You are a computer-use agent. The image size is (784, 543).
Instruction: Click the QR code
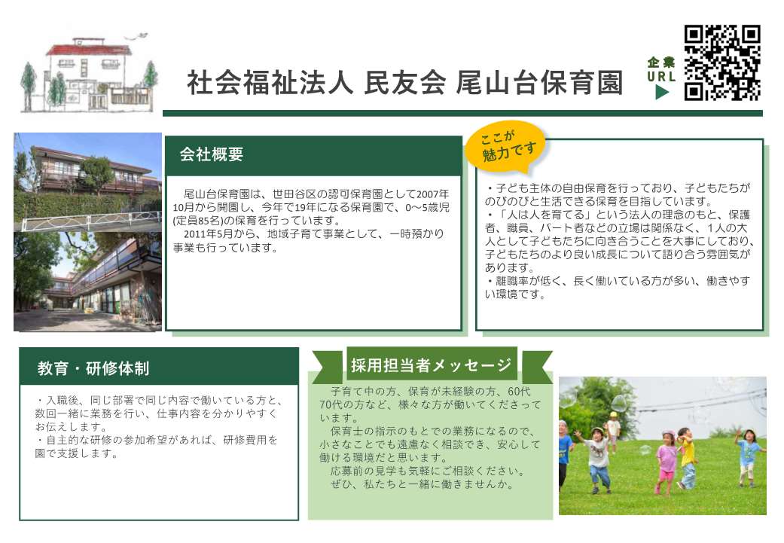tap(722, 63)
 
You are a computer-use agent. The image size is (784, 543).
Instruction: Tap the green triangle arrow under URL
tap(662, 92)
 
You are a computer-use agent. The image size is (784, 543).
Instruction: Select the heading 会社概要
tap(212, 154)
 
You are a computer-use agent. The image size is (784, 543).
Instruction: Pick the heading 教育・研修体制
tap(93, 368)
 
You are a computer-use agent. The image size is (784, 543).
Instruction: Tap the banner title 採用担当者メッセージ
tap(431, 365)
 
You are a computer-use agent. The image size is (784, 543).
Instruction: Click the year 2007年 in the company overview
tap(433, 194)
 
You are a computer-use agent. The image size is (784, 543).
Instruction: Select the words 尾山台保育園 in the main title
tap(539, 83)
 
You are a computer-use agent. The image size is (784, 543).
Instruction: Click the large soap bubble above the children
tap(620, 404)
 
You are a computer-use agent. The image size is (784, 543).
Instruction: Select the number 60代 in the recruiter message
tap(519, 392)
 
